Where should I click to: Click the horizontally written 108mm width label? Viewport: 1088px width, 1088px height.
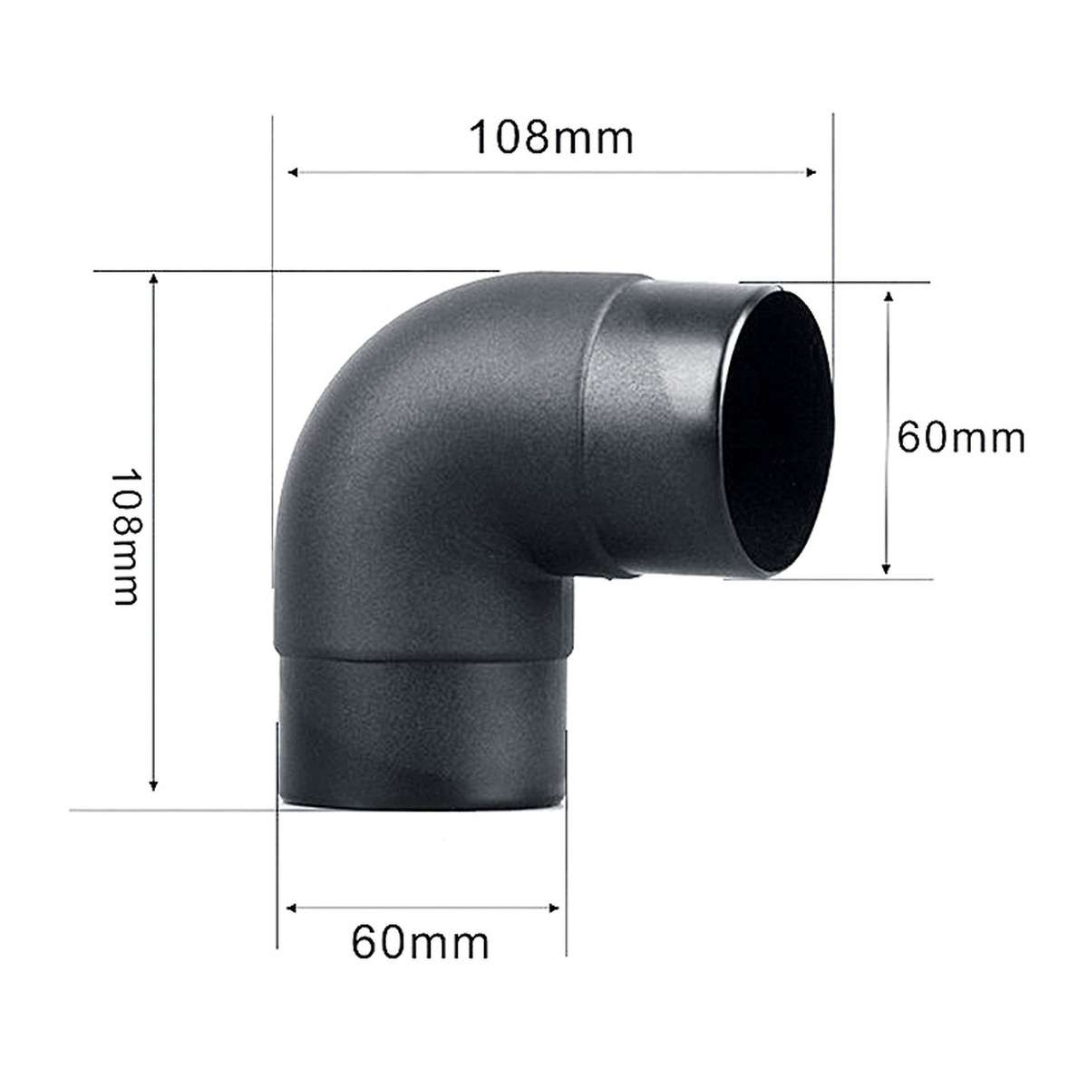pos(550,138)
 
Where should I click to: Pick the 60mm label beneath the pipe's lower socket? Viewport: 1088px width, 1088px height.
pos(420,942)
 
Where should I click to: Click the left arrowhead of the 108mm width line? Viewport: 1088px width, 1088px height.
pos(293,171)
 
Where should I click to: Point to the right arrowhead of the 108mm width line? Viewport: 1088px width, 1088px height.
pos(811,171)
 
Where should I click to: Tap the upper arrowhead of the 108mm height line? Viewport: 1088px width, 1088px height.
pos(154,278)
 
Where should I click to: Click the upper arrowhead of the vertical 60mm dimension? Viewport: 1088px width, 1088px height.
pos(888,297)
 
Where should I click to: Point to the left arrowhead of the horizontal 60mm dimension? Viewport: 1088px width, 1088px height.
pos(293,906)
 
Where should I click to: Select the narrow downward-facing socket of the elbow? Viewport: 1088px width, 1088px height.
pos(422,734)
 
